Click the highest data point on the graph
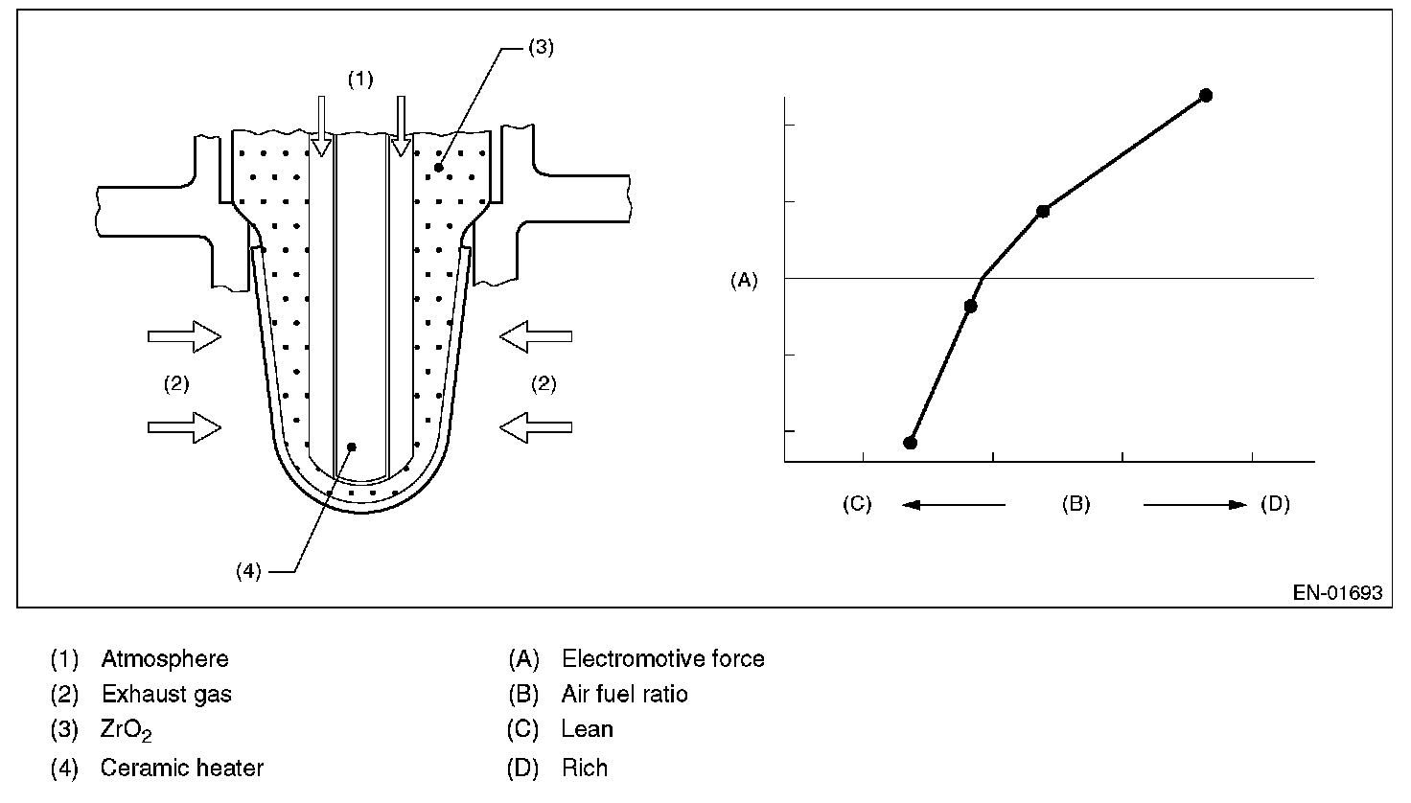pos(1206,95)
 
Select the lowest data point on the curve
pos(911,443)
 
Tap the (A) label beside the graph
pos(744,281)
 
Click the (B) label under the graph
pos(1076,504)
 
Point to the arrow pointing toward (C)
pos(953,504)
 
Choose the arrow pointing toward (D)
pos(1194,504)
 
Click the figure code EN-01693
pos(1336,593)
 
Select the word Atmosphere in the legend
pos(165,659)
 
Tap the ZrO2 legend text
pos(126,730)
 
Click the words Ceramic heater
pos(181,768)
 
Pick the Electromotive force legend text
pos(662,659)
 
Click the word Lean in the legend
pos(587,729)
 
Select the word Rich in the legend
pos(585,768)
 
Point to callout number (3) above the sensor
pos(541,49)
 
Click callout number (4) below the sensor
pos(247,571)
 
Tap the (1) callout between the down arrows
pos(359,80)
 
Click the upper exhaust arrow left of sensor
pos(184,336)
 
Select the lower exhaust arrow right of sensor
pos(536,426)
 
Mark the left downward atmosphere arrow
pos(322,126)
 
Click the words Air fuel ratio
pos(624,694)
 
